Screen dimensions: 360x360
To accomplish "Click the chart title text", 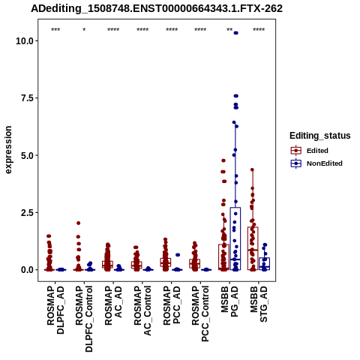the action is click(x=157, y=9).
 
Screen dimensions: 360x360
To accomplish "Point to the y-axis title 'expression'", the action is click(x=8, y=150).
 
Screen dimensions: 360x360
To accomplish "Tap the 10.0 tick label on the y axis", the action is click(x=25, y=40).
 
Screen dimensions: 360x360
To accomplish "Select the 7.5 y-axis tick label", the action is click(x=27, y=98).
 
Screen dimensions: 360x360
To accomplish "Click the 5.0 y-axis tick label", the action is click(x=27, y=155).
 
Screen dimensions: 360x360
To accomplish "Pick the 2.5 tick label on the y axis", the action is click(x=27, y=212).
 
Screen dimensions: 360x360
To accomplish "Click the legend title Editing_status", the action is click(x=320, y=136).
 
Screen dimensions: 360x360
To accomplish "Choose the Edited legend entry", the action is click(x=317, y=151).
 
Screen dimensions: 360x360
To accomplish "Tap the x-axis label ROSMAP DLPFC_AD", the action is click(x=55, y=310).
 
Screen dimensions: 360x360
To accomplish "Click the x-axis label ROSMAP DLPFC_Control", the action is click(x=84, y=319).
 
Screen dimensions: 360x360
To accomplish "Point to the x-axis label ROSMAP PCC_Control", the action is click(x=200, y=313).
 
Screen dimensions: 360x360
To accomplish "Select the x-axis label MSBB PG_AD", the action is click(x=229, y=301).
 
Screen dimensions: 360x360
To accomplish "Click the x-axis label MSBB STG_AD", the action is click(x=259, y=304).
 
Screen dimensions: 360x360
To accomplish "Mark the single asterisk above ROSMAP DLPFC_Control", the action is click(x=84, y=30).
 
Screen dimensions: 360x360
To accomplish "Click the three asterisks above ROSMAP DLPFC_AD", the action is click(x=55, y=30).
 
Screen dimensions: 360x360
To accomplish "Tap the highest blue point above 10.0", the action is click(x=235, y=33).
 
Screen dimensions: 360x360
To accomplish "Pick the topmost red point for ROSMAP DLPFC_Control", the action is click(x=79, y=223).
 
